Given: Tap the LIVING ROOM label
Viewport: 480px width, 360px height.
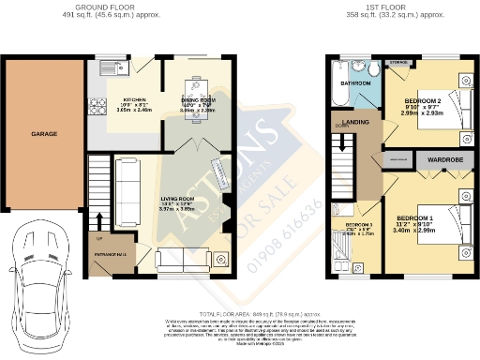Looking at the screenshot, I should pos(178,199).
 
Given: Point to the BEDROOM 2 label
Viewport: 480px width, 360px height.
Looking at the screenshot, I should pos(423,98).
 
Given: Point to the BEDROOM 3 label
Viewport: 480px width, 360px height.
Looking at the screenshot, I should pos(360,226).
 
